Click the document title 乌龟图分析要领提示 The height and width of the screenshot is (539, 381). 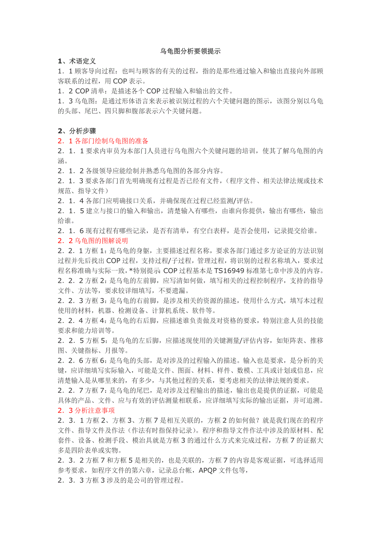tap(190, 51)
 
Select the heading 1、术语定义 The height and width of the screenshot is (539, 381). tap(77, 61)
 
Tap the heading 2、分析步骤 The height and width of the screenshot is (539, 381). tap(77, 131)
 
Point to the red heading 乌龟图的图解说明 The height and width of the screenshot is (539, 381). tap(101, 240)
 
